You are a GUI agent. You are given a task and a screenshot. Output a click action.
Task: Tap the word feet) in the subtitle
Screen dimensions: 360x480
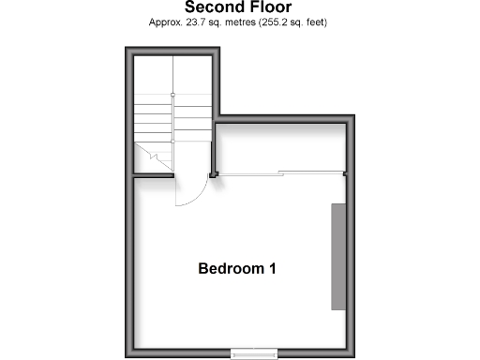coord(313,22)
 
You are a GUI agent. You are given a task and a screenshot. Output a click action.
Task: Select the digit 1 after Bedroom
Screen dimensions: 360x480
coord(272,269)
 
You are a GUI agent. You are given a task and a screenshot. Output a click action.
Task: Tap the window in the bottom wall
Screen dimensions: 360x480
coord(254,352)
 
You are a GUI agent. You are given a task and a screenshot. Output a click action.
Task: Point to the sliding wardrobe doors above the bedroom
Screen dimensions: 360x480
coord(281,173)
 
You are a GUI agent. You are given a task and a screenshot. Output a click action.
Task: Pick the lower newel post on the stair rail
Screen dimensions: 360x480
coord(173,141)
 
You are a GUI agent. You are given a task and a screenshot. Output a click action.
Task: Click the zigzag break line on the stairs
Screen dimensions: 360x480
coord(150,156)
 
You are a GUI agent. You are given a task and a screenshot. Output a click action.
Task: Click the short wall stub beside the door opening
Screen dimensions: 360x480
coord(135,173)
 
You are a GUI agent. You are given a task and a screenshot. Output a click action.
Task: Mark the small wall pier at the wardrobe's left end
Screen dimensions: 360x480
coord(215,173)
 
